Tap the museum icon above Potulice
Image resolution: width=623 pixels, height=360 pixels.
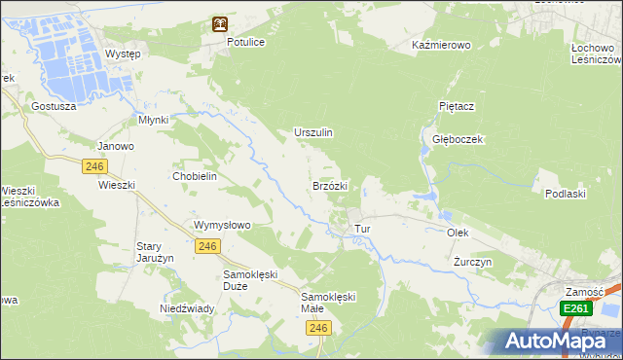click(x=221, y=24)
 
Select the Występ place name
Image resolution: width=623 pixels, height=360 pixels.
click(x=123, y=54)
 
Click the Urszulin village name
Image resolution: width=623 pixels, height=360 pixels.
click(x=313, y=132)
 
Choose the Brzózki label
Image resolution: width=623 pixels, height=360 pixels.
click(x=330, y=185)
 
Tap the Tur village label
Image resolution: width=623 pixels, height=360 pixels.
click(x=363, y=229)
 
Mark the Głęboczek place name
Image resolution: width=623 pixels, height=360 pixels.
click(x=458, y=139)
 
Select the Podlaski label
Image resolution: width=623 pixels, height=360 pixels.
click(x=565, y=194)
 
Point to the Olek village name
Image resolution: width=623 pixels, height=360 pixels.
click(x=458, y=234)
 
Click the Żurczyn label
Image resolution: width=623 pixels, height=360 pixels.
click(x=473, y=263)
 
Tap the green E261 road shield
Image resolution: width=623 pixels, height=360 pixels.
click(x=575, y=308)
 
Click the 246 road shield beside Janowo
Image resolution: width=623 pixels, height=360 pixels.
click(x=94, y=166)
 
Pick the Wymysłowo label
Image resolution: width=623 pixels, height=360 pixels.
click(x=223, y=225)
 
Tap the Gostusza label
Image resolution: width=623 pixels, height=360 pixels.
click(x=54, y=105)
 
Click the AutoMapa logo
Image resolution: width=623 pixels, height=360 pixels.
click(x=558, y=342)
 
